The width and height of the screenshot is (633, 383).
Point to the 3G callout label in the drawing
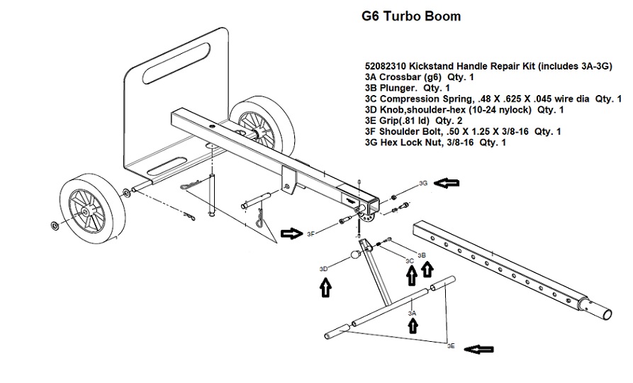[423, 184]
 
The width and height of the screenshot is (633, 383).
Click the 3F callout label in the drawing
[310, 233]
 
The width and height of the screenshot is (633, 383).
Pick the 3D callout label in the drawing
[323, 269]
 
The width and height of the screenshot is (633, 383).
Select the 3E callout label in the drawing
[451, 346]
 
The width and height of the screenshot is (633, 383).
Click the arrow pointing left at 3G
[447, 184]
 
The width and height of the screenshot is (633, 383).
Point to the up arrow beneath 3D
[325, 288]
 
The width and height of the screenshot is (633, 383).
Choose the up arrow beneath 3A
[412, 326]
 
